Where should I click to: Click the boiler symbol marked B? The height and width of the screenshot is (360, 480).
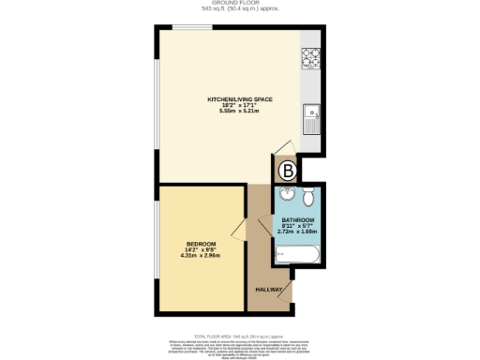(x=289, y=171)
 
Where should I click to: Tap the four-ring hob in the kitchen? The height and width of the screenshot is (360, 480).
(x=311, y=57)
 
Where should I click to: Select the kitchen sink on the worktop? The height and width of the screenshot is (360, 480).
(x=311, y=119)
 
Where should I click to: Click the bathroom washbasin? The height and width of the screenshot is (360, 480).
(x=286, y=195)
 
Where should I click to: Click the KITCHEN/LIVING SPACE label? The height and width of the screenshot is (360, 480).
(x=235, y=97)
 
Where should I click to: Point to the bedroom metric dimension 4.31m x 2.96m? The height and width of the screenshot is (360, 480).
(x=200, y=255)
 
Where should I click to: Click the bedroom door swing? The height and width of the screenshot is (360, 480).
(x=239, y=230)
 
